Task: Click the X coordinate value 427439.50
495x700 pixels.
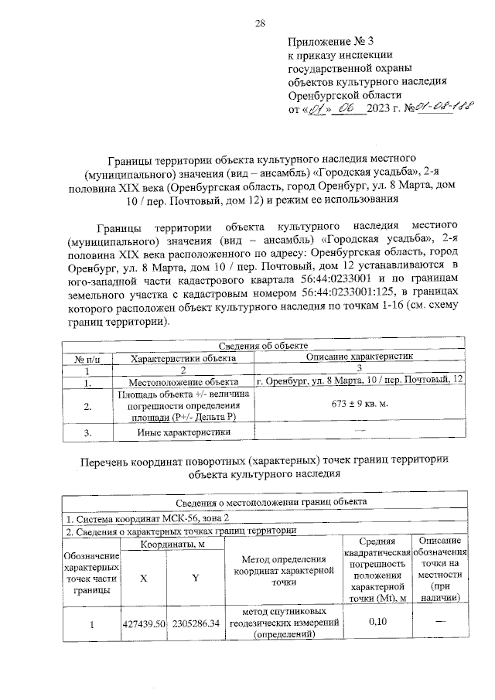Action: (x=144, y=621)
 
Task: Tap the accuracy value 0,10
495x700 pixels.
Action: (x=377, y=621)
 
